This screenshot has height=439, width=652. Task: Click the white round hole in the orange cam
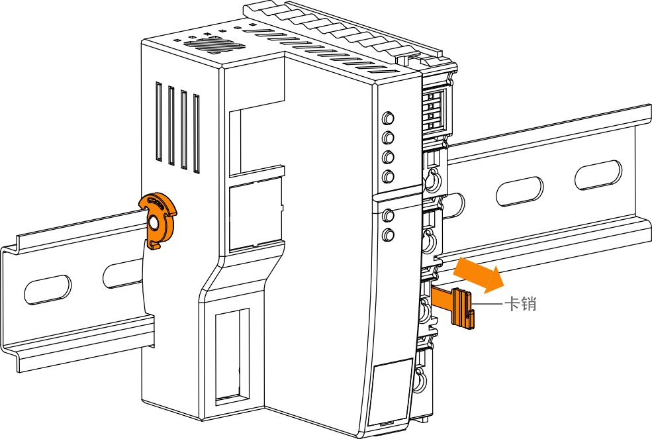pyautogui.click(x=154, y=223)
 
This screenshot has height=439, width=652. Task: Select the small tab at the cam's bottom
pyautogui.click(x=154, y=246)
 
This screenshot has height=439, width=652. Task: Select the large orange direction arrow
pyautogui.click(x=478, y=273)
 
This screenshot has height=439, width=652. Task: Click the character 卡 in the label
pyautogui.click(x=512, y=304)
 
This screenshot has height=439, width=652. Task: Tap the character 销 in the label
pyautogui.click(x=528, y=304)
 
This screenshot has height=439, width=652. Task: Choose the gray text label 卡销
pyautogui.click(x=520, y=304)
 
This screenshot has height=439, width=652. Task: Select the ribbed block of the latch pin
pyautogui.click(x=461, y=308)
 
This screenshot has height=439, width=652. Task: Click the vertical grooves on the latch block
pyautogui.click(x=459, y=308)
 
